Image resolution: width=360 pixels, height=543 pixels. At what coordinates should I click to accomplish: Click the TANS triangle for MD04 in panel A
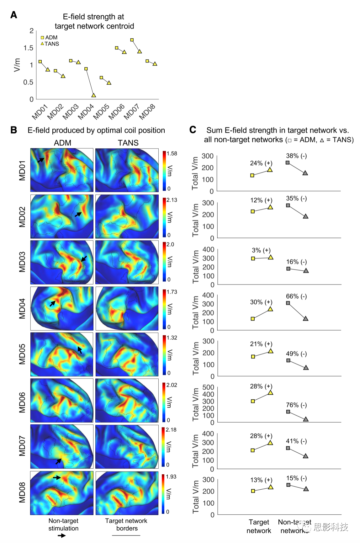click(94, 95)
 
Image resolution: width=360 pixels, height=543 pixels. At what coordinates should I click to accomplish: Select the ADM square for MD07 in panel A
click(132, 40)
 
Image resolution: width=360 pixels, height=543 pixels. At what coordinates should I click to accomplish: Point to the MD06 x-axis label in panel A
click(116, 111)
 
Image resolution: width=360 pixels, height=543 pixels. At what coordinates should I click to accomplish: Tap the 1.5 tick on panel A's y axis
click(28, 48)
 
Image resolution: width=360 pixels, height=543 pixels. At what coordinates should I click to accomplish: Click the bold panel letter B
click(14, 130)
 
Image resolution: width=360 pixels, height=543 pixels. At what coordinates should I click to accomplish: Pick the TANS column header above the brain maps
click(128, 143)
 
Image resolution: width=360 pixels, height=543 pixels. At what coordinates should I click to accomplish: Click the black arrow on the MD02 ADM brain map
click(78, 214)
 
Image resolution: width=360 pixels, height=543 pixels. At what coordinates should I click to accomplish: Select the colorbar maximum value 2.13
click(172, 200)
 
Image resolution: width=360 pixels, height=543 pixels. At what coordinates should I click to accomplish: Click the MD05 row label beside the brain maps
click(22, 354)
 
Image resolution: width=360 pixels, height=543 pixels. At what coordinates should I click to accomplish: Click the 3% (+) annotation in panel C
click(261, 250)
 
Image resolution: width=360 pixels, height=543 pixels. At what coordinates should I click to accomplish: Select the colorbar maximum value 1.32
click(172, 338)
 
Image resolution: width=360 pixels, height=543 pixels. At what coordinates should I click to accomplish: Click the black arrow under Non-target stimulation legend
click(62, 536)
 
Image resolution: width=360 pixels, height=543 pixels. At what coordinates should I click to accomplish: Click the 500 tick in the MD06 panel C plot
click(208, 387)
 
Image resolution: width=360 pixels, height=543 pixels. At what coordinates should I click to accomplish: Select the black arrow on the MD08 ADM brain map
click(57, 478)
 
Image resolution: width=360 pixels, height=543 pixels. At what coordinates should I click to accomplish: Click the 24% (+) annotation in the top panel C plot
click(261, 163)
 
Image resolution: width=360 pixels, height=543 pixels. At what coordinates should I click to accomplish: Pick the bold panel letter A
click(14, 15)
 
